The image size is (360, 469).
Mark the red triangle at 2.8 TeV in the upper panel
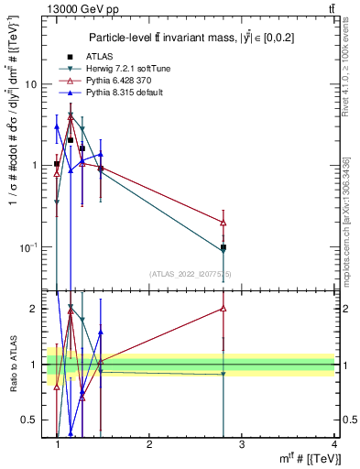point(224,223)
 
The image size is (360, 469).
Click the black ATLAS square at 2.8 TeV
point(224,247)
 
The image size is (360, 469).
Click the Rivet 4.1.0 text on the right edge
point(352,73)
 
